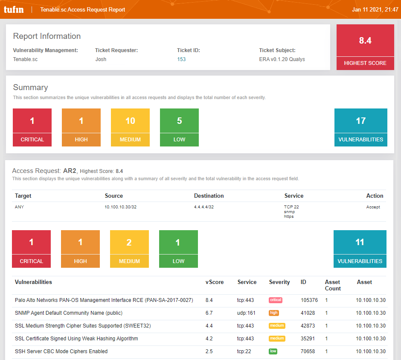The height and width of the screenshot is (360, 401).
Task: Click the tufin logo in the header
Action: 13,9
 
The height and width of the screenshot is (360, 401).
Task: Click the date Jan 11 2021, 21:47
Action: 375,9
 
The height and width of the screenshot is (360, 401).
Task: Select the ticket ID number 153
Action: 181,59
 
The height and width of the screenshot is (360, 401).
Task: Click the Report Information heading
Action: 47,36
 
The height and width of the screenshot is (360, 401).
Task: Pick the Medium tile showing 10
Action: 130,127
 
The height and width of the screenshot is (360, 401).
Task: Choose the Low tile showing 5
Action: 179,127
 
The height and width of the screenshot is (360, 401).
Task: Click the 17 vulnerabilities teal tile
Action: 360,127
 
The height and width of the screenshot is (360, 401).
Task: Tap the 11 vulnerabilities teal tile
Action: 360,249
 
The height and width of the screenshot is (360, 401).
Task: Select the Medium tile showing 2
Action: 129,249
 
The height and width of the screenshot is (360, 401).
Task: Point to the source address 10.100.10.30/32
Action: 121,207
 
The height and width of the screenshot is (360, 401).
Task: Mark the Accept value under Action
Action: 373,207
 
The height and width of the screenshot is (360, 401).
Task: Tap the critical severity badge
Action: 275,300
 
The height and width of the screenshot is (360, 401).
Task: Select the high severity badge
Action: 273,313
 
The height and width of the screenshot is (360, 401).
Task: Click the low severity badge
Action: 273,351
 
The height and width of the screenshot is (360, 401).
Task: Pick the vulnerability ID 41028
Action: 308,313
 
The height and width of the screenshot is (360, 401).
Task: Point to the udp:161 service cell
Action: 246,313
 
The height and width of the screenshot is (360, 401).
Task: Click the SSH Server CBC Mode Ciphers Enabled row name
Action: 61,351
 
